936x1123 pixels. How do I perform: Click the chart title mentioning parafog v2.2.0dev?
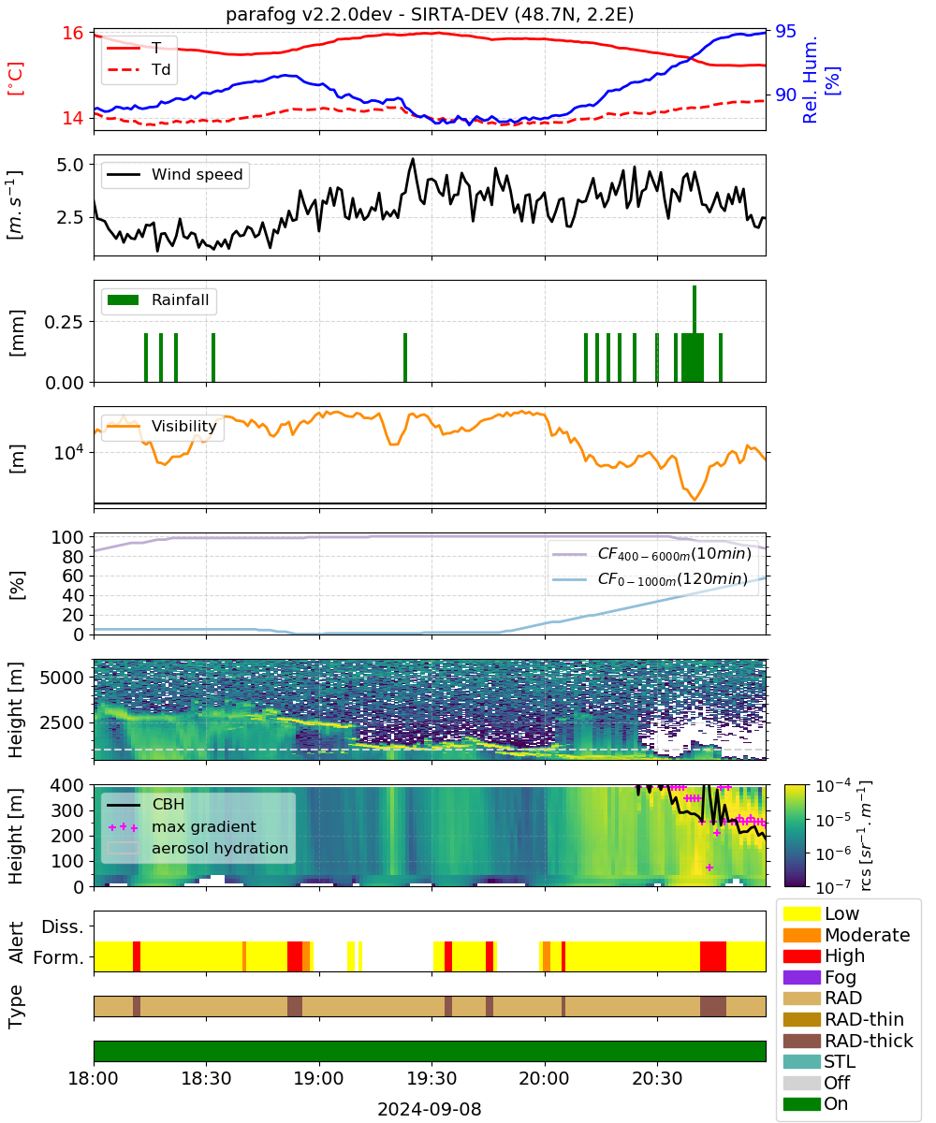pyautogui.click(x=430, y=14)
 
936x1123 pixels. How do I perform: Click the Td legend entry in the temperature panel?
pyautogui.click(x=139, y=69)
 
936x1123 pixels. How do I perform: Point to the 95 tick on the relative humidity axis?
pyautogui.click(x=785, y=31)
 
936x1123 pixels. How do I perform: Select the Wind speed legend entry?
pyautogui.click(x=175, y=174)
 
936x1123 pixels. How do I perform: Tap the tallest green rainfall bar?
pyautogui.click(x=694, y=333)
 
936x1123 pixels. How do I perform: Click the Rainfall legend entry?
pyautogui.click(x=158, y=299)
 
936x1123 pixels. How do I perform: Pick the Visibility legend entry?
pyautogui.click(x=162, y=426)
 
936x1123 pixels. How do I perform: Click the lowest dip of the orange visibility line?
pyautogui.click(x=695, y=500)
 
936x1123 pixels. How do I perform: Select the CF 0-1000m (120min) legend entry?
pyautogui.click(x=651, y=579)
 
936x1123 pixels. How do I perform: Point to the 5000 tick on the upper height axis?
pyautogui.click(x=62, y=678)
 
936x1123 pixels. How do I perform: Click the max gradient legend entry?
pyautogui.click(x=183, y=826)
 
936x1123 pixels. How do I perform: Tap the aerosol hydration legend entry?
pyautogui.click(x=197, y=848)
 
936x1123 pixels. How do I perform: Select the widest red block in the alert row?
pyautogui.click(x=712, y=956)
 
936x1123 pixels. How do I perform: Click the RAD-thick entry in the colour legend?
pyautogui.click(x=848, y=1041)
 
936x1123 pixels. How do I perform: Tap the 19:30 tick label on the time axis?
pyautogui.click(x=431, y=1078)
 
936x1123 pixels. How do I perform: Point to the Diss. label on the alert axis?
pyautogui.click(x=63, y=926)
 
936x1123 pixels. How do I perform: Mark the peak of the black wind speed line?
pyautogui.click(x=413, y=159)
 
